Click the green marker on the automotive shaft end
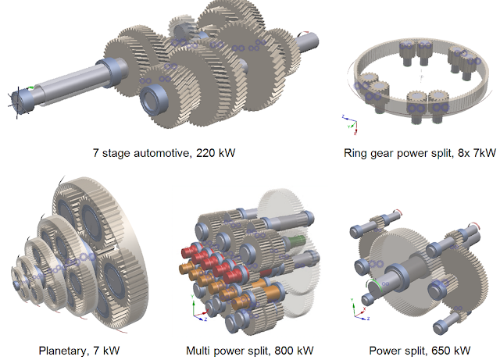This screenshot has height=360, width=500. tap(29, 91)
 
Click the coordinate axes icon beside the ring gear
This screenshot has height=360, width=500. tap(349, 123)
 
